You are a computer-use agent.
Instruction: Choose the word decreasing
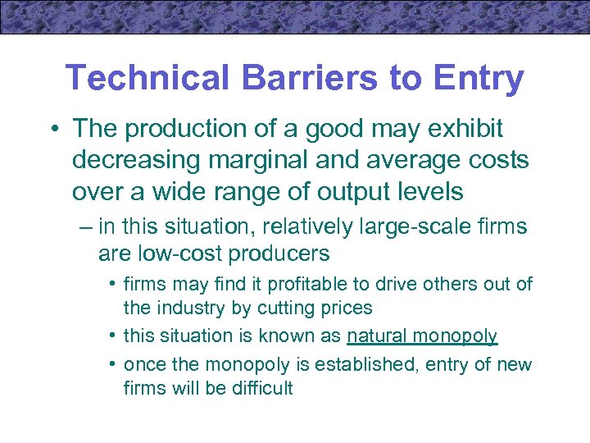pos(136,161)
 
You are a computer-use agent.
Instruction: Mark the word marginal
pos(258,161)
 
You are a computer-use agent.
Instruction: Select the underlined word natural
pos(377,336)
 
